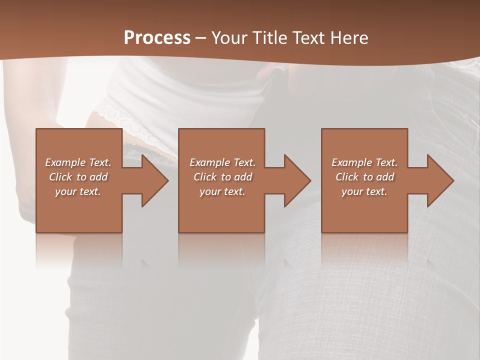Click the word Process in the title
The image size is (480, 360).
157,38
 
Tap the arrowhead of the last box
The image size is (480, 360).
439,180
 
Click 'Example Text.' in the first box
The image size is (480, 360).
78,162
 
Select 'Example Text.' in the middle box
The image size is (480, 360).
222,162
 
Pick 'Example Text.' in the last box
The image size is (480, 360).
364,162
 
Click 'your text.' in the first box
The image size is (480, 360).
78,191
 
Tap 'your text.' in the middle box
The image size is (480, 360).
222,191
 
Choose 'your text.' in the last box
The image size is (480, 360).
364,191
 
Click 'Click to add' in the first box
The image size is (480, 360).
78,177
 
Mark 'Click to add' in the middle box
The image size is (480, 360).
222,177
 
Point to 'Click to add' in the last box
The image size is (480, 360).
364,177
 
